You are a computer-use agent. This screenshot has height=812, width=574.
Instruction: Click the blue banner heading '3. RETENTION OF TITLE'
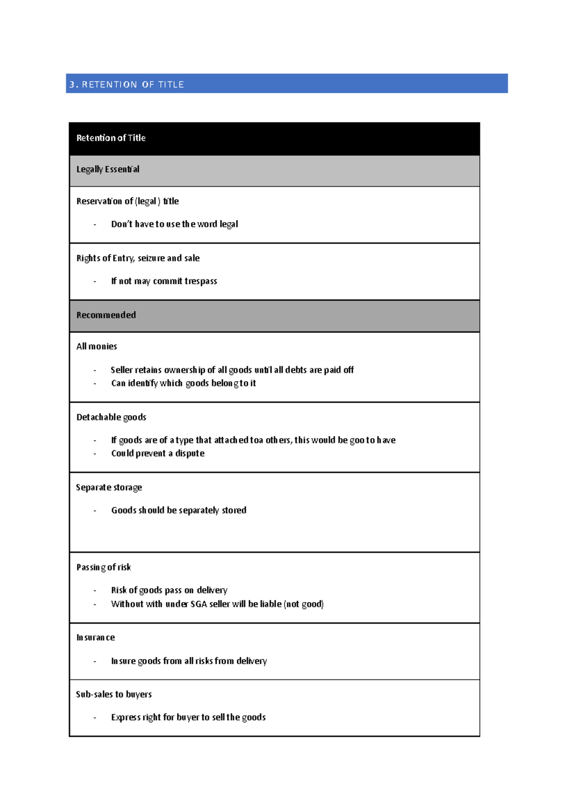pos(127,85)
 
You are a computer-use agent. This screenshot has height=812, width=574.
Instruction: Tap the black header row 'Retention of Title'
pos(111,138)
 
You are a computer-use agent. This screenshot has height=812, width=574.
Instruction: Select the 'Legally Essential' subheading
pos(108,169)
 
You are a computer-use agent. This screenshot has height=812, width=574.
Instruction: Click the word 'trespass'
pos(201,281)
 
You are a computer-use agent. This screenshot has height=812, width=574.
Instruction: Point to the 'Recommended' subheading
pos(106,315)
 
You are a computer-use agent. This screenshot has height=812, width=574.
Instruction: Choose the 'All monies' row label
pos(97,347)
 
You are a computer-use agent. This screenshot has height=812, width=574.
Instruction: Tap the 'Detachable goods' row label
pos(111,417)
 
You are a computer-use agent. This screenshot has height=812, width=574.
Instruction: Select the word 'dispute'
pos(190,453)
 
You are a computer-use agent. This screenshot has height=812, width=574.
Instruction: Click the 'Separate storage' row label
pos(109,488)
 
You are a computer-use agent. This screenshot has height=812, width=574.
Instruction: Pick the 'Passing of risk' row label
pos(104,568)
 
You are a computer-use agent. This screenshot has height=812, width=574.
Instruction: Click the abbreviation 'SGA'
pos(199,604)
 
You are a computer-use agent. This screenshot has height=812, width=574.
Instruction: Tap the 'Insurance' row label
pos(96,638)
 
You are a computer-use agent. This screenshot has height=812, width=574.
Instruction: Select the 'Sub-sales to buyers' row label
pos(114,694)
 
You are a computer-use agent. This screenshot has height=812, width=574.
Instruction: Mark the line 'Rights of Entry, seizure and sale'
pos(138,258)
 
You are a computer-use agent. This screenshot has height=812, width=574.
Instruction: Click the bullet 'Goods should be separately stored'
pos(179,510)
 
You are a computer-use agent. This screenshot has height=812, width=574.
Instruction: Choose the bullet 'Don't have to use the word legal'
pos(175,224)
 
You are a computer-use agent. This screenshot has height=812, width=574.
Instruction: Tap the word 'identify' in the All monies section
pos(143,384)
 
